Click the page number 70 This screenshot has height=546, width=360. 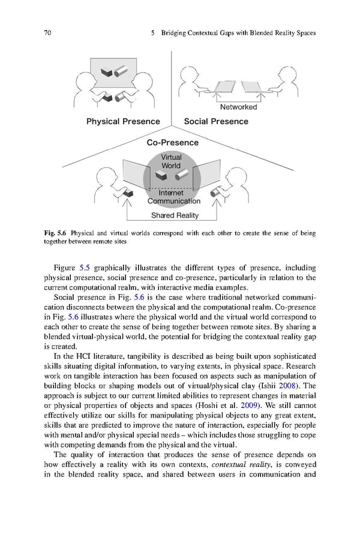47,34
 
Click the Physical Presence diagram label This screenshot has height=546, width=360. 123,121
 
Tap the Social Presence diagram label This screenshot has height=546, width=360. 215,121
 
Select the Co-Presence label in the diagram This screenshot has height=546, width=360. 172,143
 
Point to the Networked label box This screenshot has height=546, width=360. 238,107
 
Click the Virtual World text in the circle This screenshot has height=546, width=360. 171,161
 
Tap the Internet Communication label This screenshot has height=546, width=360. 175,197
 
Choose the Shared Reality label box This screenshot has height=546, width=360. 175,215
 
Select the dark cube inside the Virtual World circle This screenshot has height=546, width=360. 161,175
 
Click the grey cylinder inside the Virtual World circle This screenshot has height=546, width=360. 181,175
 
